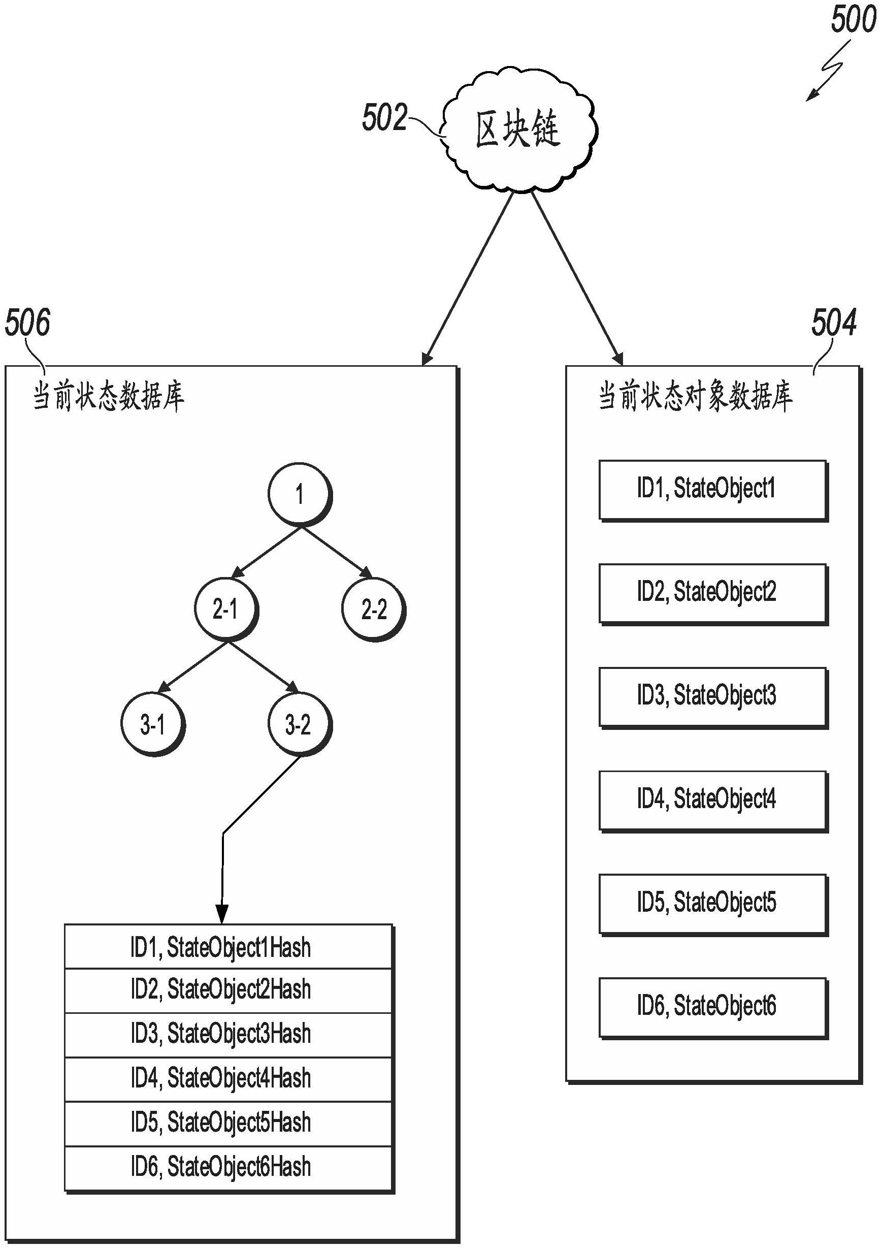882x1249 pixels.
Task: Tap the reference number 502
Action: (384, 117)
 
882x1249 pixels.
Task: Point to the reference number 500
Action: (853, 21)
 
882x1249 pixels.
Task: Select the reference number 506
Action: (27, 322)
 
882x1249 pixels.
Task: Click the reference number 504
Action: (834, 322)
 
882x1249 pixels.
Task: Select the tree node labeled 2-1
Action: (225, 610)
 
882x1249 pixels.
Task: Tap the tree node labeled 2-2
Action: (374, 610)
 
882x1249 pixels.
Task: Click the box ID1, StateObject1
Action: (713, 490)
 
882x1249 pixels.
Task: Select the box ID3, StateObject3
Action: (713, 696)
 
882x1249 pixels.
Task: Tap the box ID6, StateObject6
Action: (713, 1007)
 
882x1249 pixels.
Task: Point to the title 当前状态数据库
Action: (109, 396)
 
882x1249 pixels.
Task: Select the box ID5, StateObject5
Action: (713, 903)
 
